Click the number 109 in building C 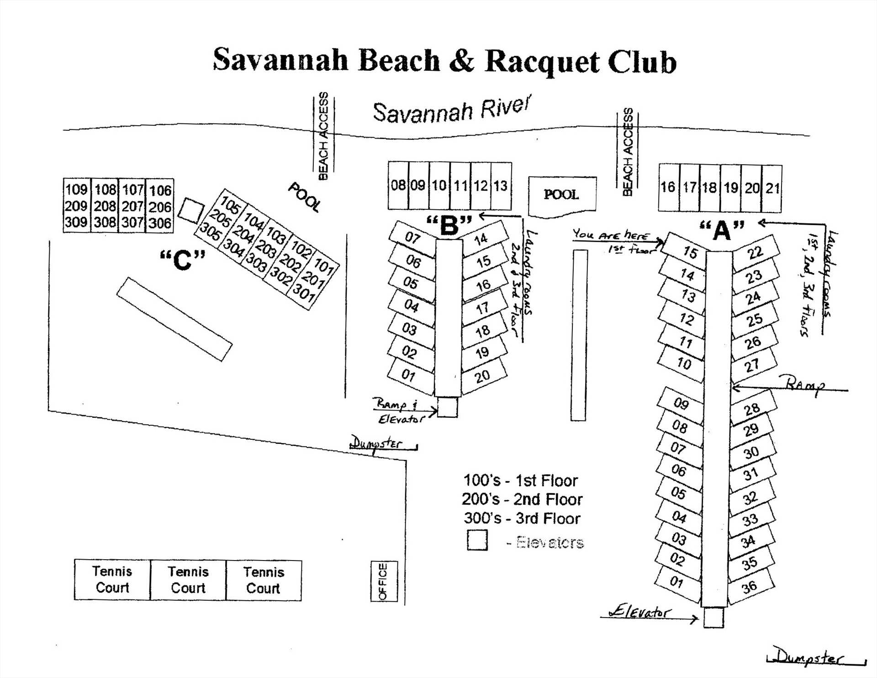click(76, 189)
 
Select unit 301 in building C click(304, 292)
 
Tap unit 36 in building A click(750, 587)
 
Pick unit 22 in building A click(755, 252)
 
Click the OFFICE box click(383, 581)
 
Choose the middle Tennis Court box click(188, 580)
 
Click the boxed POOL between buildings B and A click(561, 195)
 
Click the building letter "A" click(722, 230)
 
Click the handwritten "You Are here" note click(611, 235)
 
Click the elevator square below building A click(713, 617)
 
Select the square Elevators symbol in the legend click(477, 540)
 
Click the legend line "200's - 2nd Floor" click(522, 499)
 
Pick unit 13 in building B click(501, 186)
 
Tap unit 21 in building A click(772, 188)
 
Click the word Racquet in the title click(542, 62)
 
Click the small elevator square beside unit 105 click(191, 211)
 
